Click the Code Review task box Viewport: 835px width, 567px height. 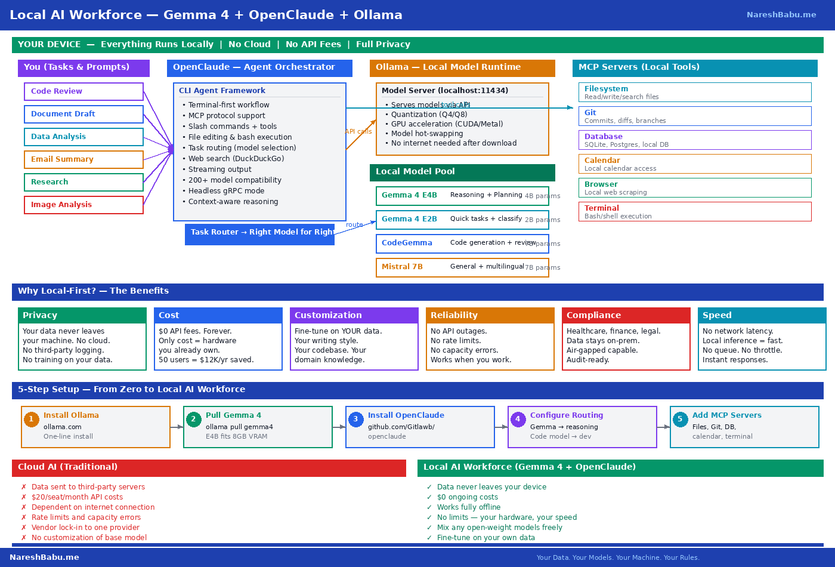coord(83,91)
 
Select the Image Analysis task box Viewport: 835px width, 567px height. coord(83,205)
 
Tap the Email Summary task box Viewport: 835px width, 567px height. coord(83,159)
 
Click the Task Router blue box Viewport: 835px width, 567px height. coord(259,233)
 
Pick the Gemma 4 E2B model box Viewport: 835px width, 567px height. coord(462,220)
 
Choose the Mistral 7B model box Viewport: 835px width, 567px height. coord(462,267)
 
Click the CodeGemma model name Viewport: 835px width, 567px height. coord(407,243)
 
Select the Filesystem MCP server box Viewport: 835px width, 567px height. coord(695,93)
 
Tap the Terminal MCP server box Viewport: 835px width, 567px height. coord(695,212)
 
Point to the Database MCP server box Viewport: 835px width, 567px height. coord(695,140)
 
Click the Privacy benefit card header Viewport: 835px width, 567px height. coord(82,315)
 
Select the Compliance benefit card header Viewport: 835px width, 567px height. coord(626,315)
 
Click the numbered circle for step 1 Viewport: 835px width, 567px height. coord(32,419)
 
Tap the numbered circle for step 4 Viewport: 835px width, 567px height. coord(518,419)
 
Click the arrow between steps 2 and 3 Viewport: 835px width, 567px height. coord(339,427)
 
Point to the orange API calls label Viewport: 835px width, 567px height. coord(358,131)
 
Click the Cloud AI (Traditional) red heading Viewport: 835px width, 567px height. coord(209,467)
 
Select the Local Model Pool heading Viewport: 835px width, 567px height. coord(462,172)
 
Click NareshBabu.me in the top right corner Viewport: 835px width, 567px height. coord(781,15)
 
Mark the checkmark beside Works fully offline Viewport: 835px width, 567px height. coord(429,507)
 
